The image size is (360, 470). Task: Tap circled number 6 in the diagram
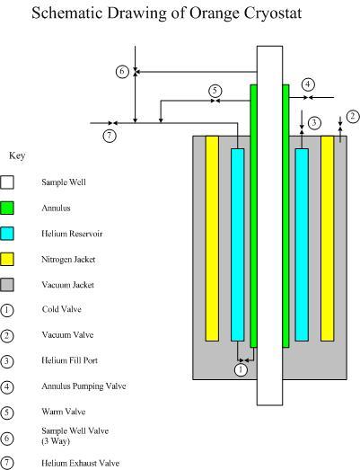122,72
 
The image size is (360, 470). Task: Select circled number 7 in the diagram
110,136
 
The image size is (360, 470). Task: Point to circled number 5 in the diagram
215,90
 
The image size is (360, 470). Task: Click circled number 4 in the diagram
308,84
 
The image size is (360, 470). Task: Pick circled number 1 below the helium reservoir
241,368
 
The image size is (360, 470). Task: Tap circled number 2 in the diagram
352,116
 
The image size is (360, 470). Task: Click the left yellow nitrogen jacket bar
212,238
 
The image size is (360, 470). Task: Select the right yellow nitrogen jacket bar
328,238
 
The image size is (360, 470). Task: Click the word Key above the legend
17,155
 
